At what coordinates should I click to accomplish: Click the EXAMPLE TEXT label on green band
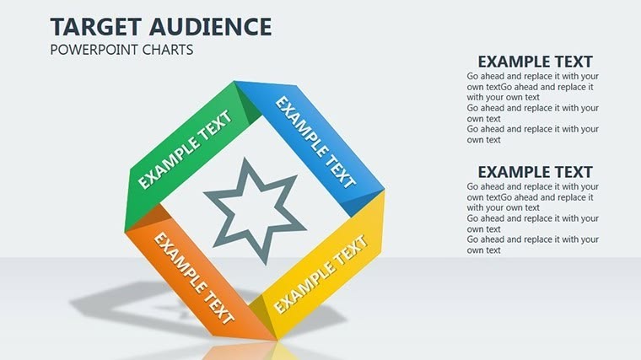[x=185, y=150]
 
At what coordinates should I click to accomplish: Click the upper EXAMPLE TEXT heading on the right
[x=535, y=62]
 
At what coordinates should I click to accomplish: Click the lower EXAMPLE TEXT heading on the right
[x=535, y=171]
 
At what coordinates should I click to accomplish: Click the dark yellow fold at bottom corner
[x=267, y=324]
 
